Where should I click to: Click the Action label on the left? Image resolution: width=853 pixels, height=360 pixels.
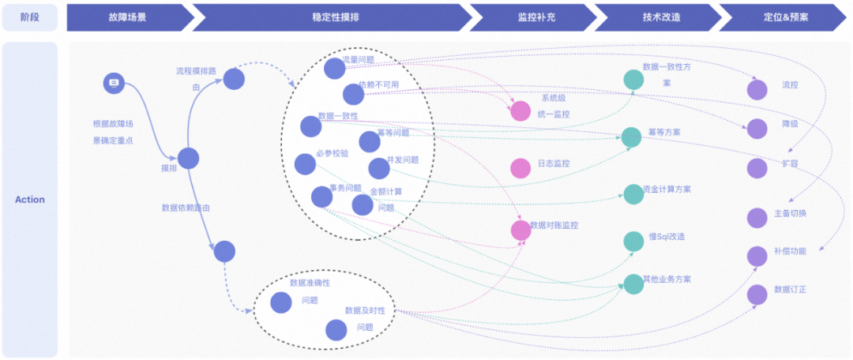[30, 200]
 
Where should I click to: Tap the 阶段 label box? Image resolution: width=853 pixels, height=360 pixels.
[30, 17]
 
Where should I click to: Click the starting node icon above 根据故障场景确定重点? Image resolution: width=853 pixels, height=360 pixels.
[114, 83]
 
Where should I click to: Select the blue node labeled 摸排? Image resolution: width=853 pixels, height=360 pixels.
[188, 159]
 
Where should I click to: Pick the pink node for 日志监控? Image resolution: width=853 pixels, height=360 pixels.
[520, 167]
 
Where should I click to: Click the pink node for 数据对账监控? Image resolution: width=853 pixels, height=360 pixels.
[521, 230]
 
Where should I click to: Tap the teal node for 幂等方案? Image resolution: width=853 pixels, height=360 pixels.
[632, 137]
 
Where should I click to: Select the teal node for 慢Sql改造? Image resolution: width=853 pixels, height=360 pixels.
[633, 241]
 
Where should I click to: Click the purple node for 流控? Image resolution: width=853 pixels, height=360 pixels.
[757, 89]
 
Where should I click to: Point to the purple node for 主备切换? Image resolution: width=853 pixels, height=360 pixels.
[757, 217]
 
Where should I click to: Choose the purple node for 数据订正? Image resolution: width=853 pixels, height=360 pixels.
[757, 294]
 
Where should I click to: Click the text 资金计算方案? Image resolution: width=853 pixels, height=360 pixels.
[667, 189]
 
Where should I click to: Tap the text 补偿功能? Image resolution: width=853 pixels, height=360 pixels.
[790, 252]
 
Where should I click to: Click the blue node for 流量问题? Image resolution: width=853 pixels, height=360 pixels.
[335, 69]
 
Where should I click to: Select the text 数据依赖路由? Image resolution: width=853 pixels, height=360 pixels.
[186, 208]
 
